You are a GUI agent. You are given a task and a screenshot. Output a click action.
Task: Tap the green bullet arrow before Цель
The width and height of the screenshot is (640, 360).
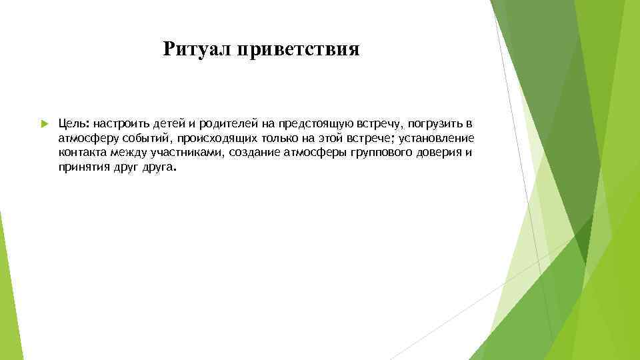pos(43,124)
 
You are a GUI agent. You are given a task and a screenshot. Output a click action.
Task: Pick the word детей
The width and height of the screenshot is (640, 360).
pos(172,124)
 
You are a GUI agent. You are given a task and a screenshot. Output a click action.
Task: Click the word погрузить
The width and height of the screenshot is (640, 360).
pos(434,124)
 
